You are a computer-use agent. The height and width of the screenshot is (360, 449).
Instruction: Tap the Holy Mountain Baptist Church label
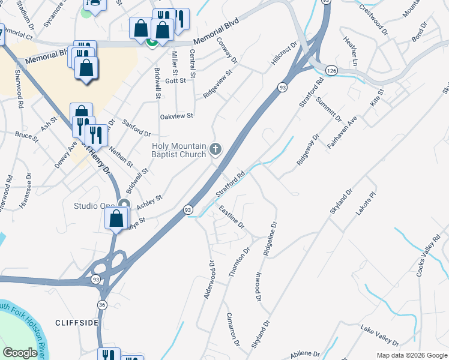(x=179, y=150)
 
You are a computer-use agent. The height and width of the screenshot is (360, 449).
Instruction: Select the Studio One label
(x=94, y=206)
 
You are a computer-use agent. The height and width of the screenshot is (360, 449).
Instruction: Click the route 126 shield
(x=330, y=71)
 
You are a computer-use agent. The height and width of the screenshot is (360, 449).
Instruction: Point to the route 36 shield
(x=103, y=305)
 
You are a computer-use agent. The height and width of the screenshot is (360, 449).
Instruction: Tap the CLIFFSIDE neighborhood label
(x=77, y=323)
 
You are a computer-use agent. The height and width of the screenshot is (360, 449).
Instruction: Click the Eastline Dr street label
(x=232, y=218)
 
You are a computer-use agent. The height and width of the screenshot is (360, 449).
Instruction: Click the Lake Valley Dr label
(x=380, y=336)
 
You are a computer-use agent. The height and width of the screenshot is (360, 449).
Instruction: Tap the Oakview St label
(x=176, y=116)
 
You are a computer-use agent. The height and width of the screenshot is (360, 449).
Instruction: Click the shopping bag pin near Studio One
(x=116, y=218)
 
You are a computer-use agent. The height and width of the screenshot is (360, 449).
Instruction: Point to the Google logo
(x=20, y=353)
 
